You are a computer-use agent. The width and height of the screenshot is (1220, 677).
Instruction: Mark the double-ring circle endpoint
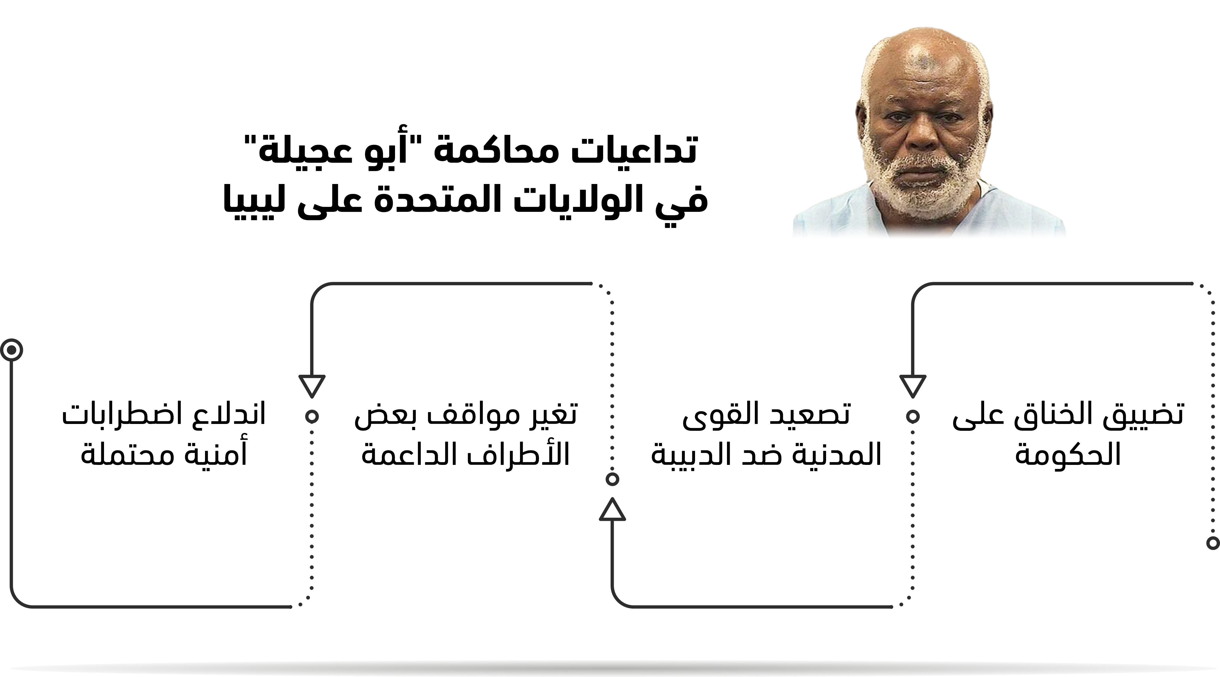point(12,350)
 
